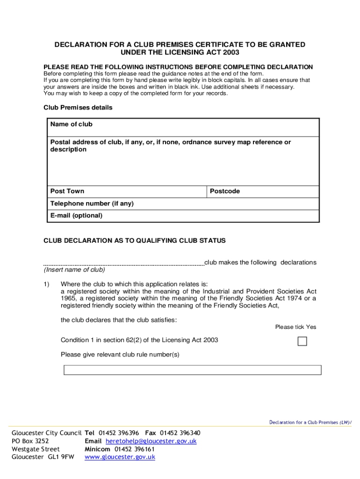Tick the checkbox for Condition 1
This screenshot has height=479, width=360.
(x=302, y=341)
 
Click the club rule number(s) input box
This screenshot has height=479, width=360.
(x=192, y=370)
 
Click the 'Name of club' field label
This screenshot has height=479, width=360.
(x=72, y=124)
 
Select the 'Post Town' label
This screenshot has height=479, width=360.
(x=67, y=191)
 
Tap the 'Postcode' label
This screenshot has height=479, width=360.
(x=225, y=191)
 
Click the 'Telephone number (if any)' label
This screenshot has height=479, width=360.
(x=92, y=203)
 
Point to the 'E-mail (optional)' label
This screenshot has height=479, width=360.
(x=76, y=216)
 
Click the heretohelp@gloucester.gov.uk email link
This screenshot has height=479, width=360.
(x=151, y=441)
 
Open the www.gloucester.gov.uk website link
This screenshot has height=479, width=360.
(x=120, y=457)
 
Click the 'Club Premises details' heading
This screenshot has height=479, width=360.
(x=78, y=108)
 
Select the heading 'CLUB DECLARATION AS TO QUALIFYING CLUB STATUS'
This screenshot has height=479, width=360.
(x=135, y=241)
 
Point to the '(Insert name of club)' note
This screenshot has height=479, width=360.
(x=74, y=270)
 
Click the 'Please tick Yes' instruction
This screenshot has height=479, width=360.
(x=295, y=327)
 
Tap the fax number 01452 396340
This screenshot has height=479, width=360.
(x=180, y=433)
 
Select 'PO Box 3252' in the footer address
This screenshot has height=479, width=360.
(x=30, y=441)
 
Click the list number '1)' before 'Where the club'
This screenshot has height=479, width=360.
(x=47, y=284)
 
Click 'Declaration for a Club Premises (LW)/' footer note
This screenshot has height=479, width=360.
(x=310, y=422)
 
